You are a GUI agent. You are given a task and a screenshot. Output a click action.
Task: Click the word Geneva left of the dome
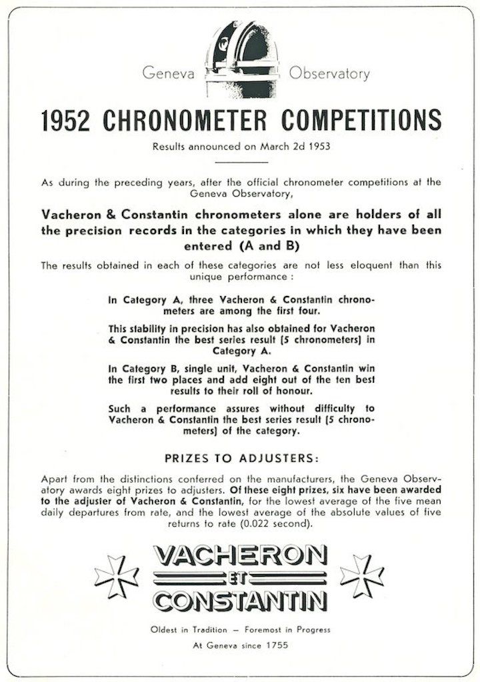pos(168,74)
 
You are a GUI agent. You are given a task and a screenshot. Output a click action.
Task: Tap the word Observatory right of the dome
pos(329,74)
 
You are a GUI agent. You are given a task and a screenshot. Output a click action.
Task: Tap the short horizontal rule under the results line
pos(241,162)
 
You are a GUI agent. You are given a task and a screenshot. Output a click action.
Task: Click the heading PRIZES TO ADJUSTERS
pos(241,459)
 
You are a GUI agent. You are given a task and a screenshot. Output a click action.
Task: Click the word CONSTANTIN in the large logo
pos(240,599)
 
